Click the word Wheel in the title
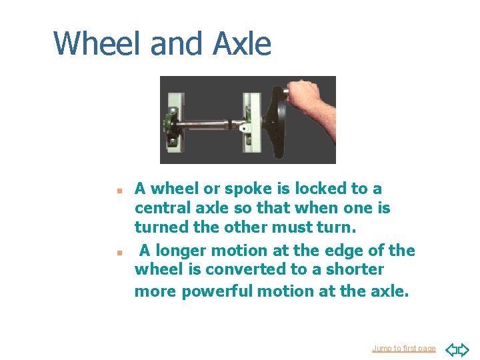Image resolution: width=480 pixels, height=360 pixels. pos(99,44)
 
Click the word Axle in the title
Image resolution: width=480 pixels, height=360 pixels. pos(242,44)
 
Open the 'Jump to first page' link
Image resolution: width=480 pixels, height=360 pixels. pos(404,349)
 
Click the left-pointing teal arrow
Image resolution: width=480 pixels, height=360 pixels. pos(451,349)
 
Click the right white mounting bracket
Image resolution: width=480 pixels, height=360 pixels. pos(253,120)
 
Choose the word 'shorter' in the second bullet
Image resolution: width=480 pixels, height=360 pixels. pos(357,269)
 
